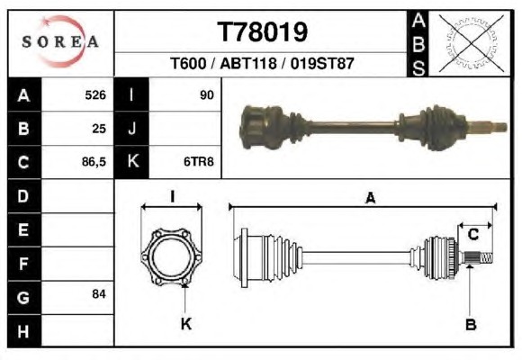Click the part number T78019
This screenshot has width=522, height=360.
(x=262, y=32)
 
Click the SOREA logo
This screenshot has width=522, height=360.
(x=60, y=41)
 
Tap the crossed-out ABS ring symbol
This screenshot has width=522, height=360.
(x=471, y=43)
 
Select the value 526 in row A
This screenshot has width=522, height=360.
(x=95, y=94)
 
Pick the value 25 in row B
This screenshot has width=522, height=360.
(x=99, y=129)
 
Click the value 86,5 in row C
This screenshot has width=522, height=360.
(x=94, y=162)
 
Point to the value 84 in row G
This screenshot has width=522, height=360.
(x=99, y=294)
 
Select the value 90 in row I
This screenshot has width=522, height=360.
(x=207, y=94)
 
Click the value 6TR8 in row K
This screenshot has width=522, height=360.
(x=199, y=162)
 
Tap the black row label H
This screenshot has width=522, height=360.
(x=24, y=331)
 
